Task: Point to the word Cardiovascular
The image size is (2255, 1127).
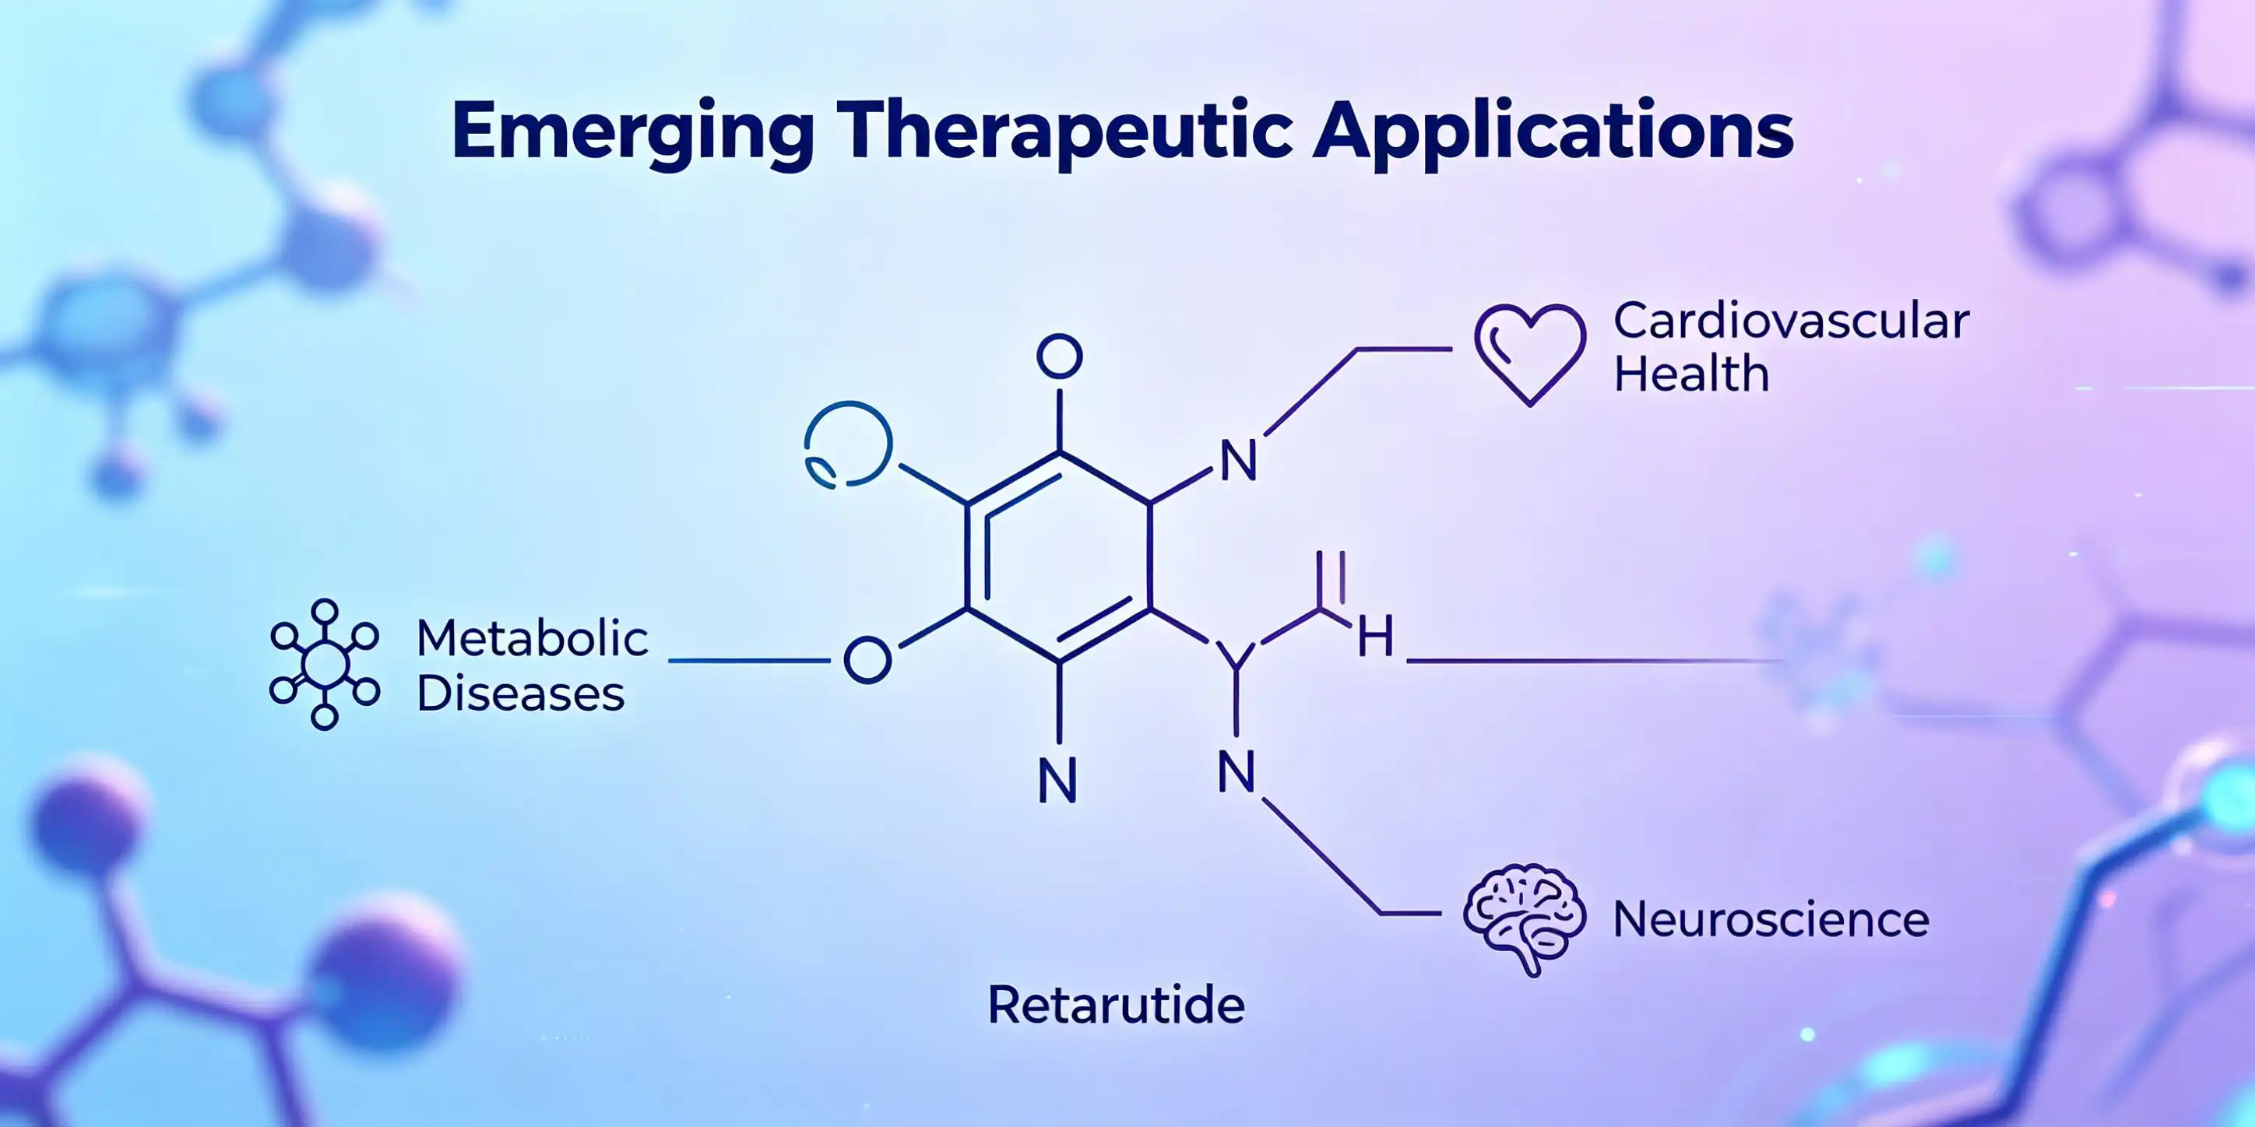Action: tap(1791, 321)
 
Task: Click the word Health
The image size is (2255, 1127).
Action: tap(1691, 374)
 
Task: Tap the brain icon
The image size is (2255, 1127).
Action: tap(1524, 918)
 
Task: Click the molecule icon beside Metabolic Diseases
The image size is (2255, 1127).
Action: tap(325, 664)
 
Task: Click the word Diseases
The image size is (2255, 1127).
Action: tap(521, 694)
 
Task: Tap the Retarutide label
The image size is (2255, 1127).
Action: tap(1116, 1005)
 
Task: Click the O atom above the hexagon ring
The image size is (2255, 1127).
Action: tap(1059, 357)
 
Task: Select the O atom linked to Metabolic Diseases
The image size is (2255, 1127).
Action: tap(867, 661)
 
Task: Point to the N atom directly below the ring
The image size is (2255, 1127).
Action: tap(1057, 781)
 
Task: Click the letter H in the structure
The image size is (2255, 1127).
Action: tap(1375, 636)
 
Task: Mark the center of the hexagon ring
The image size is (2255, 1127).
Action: tap(1059, 556)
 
